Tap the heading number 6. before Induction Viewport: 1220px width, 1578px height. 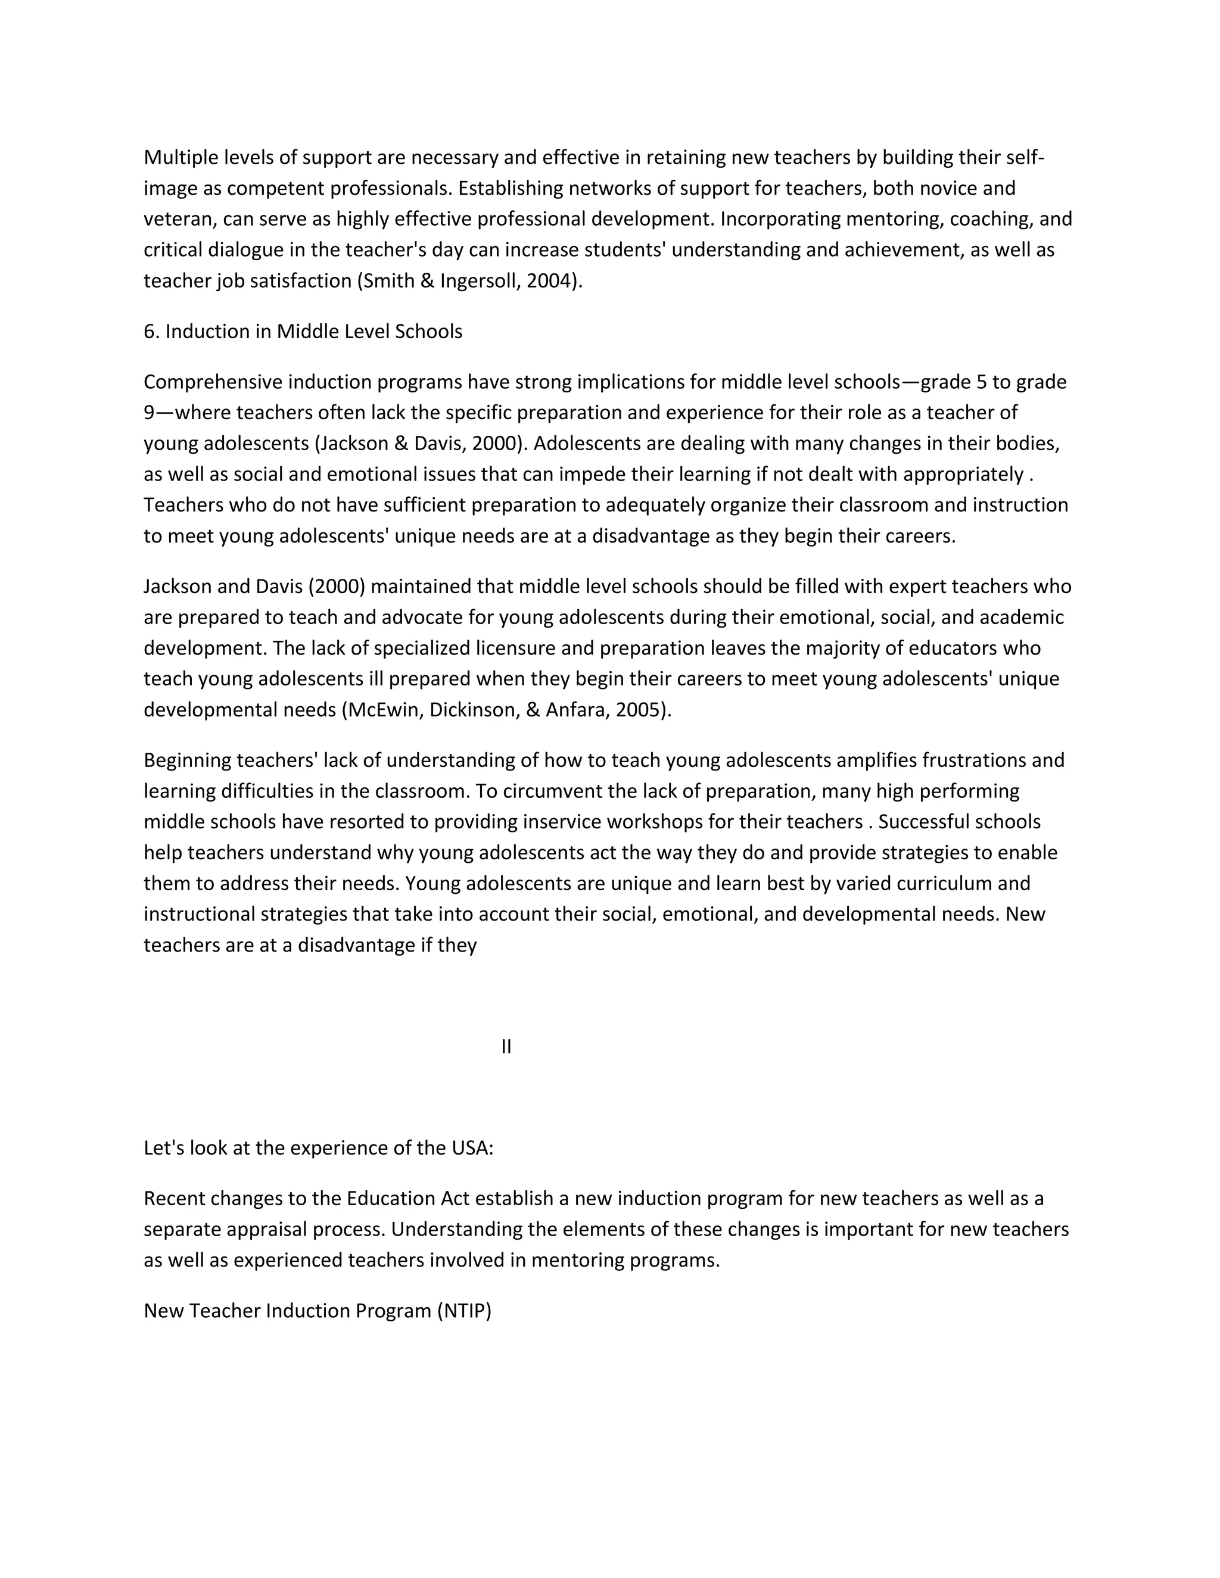(150, 331)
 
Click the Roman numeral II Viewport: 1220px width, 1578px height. (506, 1046)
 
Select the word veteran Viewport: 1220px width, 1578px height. (177, 219)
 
